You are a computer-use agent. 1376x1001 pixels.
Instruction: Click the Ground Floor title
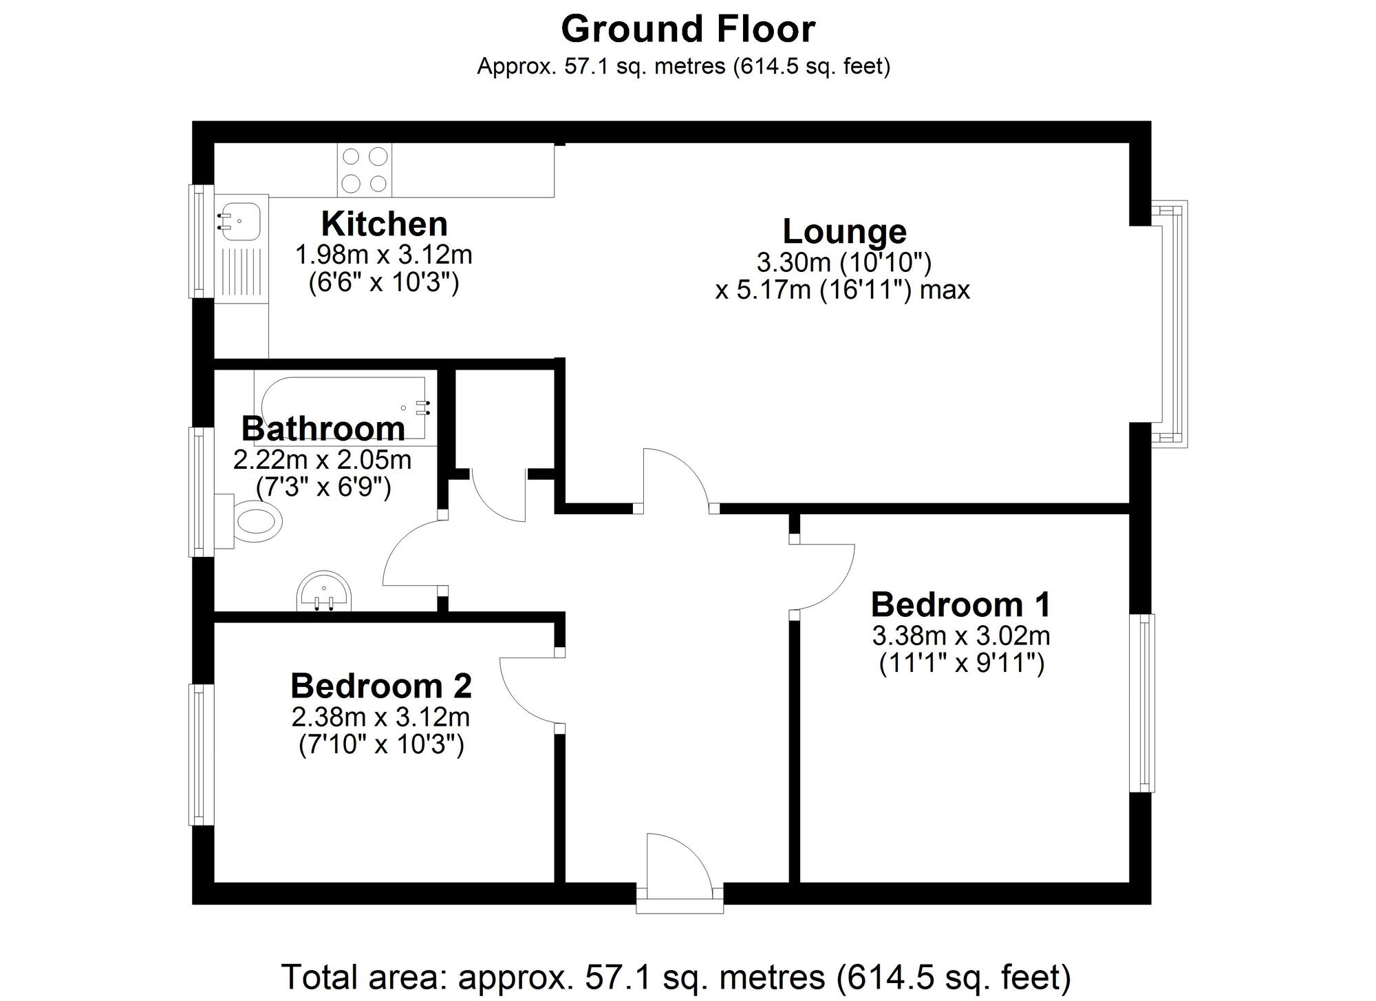pyautogui.click(x=688, y=29)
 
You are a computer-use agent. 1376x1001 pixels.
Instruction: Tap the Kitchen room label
pyautogui.click(x=384, y=224)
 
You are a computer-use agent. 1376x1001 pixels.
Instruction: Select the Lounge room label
pyautogui.click(x=844, y=231)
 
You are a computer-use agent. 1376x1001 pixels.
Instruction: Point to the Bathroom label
pyautogui.click(x=323, y=429)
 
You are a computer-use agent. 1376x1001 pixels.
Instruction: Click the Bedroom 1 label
pyautogui.click(x=960, y=605)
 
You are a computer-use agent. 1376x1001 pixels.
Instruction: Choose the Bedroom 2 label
pyautogui.click(x=381, y=686)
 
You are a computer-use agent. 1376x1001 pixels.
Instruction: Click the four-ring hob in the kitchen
pyautogui.click(x=365, y=170)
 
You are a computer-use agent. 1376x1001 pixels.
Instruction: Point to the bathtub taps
pyautogui.click(x=422, y=408)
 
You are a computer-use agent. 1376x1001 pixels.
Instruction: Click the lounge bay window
pyautogui.click(x=1173, y=324)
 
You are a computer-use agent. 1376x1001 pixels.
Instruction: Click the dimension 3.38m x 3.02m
pyautogui.click(x=960, y=635)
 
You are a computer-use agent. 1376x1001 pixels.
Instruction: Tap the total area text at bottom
pyautogui.click(x=676, y=977)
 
